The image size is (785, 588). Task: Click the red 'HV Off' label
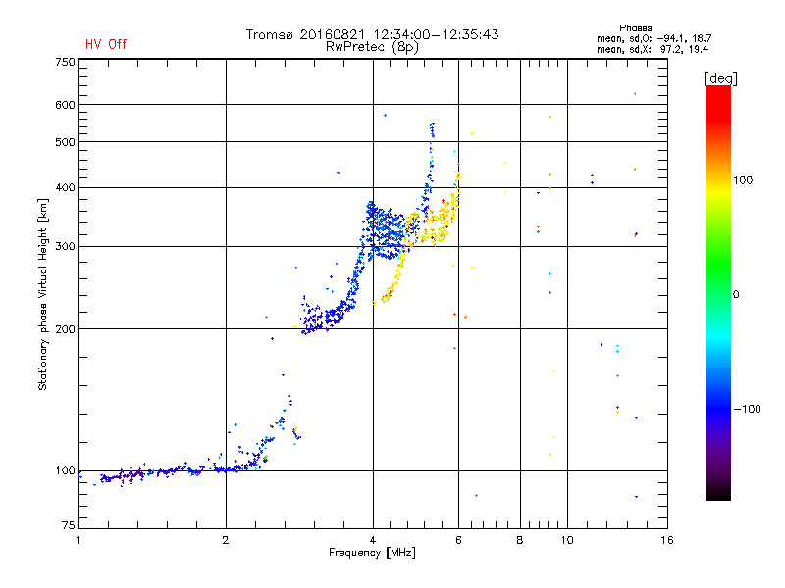105,44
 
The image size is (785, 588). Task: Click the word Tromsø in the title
271,34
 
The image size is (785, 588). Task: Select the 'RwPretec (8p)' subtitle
373,46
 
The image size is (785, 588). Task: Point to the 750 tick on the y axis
65,62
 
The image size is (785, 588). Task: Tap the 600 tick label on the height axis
65,105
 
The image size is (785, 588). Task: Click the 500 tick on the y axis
65,142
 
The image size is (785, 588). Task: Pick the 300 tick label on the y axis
65,246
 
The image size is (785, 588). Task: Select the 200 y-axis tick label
65,329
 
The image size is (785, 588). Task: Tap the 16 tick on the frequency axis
666,540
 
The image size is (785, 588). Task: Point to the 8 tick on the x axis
520,540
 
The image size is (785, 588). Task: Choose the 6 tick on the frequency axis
458,540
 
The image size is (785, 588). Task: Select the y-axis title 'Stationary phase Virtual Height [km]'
43,294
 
